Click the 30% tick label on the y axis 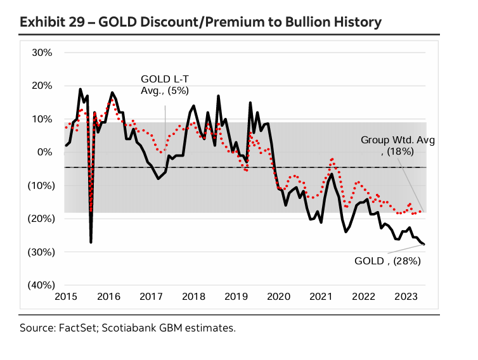(42, 53)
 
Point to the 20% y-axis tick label (42, 86)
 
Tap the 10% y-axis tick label (42, 119)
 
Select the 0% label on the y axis (44, 152)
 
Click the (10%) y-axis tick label (39, 186)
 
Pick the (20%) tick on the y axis (39, 219)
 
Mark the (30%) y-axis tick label (39, 252)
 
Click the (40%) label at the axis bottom (39, 285)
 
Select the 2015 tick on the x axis (65, 297)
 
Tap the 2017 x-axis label (152, 297)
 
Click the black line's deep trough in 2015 (91, 241)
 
